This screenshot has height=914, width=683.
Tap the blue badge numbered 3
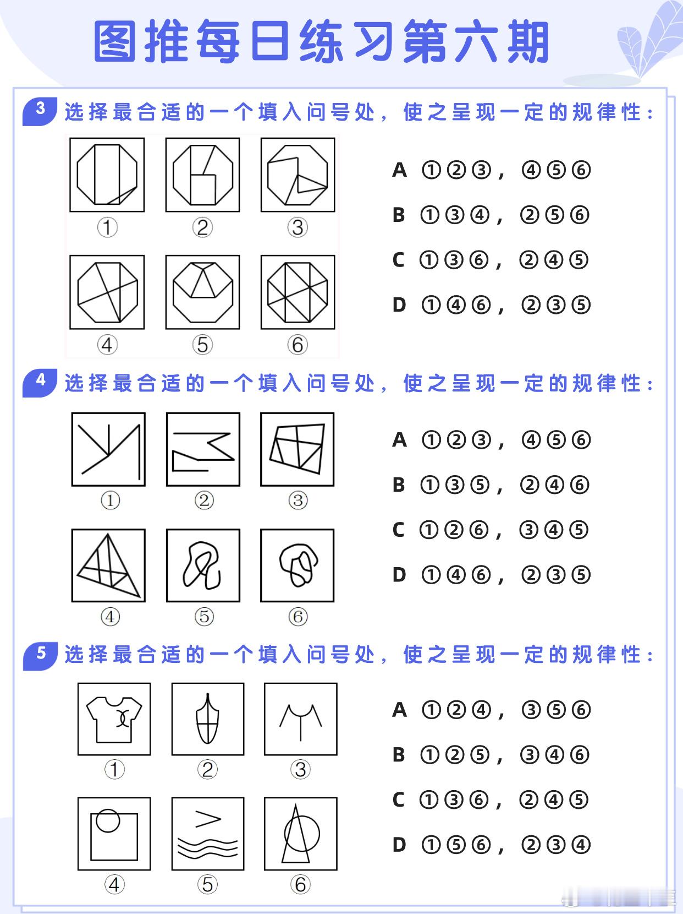(x=40, y=111)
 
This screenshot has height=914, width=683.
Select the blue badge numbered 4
(x=40, y=383)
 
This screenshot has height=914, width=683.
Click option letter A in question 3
(x=399, y=170)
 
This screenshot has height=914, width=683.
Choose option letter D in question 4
(x=399, y=575)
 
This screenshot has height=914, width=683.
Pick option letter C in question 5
(x=398, y=799)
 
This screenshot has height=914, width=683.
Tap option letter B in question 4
(x=399, y=485)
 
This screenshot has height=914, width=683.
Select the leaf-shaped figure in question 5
(x=207, y=719)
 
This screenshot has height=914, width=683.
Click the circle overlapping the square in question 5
(x=108, y=821)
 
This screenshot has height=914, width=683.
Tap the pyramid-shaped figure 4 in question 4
(x=108, y=565)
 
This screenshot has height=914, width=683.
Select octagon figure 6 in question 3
(x=298, y=292)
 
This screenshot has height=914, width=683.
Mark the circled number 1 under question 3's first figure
(x=107, y=228)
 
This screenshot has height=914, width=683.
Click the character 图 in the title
(x=115, y=42)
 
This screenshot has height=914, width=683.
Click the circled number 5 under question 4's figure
(x=204, y=616)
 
